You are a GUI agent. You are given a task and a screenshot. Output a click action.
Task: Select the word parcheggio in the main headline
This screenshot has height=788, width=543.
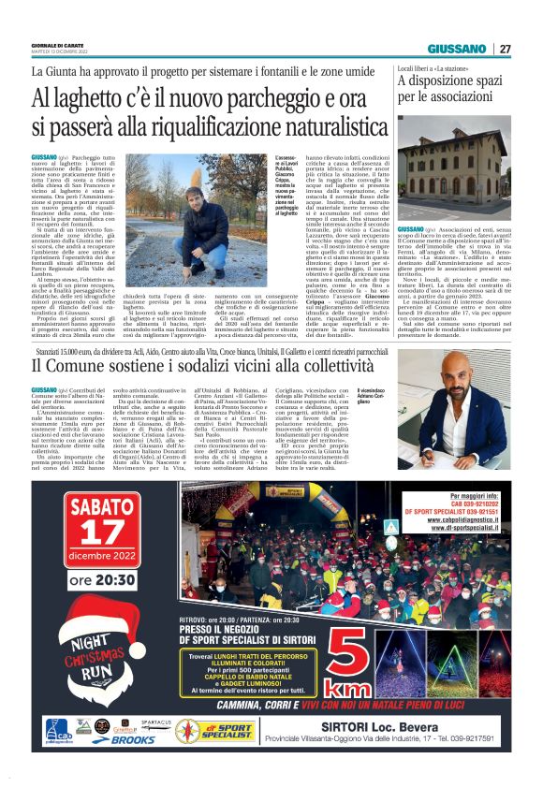point(242,97)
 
